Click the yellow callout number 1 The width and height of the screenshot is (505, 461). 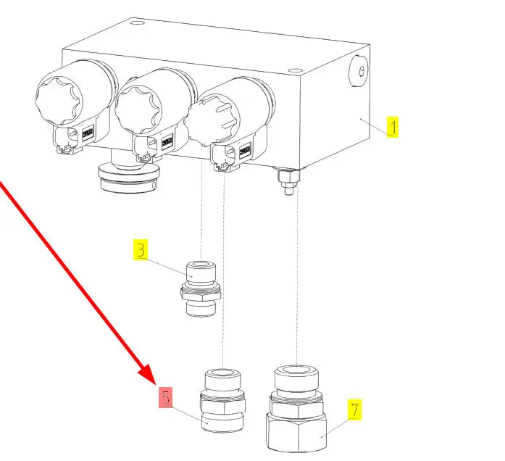[x=392, y=128]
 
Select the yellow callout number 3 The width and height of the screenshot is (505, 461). [x=141, y=251]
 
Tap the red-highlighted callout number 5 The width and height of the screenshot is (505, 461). [x=167, y=397]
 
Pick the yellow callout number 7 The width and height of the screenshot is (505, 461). [x=354, y=410]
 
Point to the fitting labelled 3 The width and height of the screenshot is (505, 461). [x=201, y=289]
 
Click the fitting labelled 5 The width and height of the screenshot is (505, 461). [x=221, y=404]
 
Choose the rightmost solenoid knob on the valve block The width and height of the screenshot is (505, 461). [x=217, y=117]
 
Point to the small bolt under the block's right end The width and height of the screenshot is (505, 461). [x=287, y=180]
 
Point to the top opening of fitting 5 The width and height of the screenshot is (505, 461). [x=221, y=375]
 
